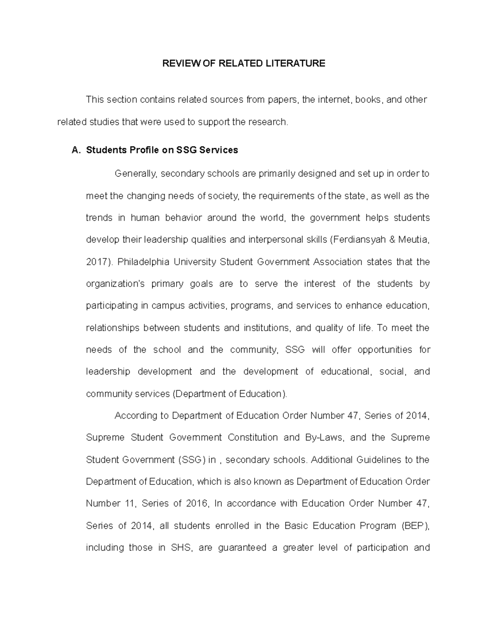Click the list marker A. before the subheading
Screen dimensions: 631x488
coord(76,150)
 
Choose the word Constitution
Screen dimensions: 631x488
coord(252,438)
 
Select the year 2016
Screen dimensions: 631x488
coord(197,503)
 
